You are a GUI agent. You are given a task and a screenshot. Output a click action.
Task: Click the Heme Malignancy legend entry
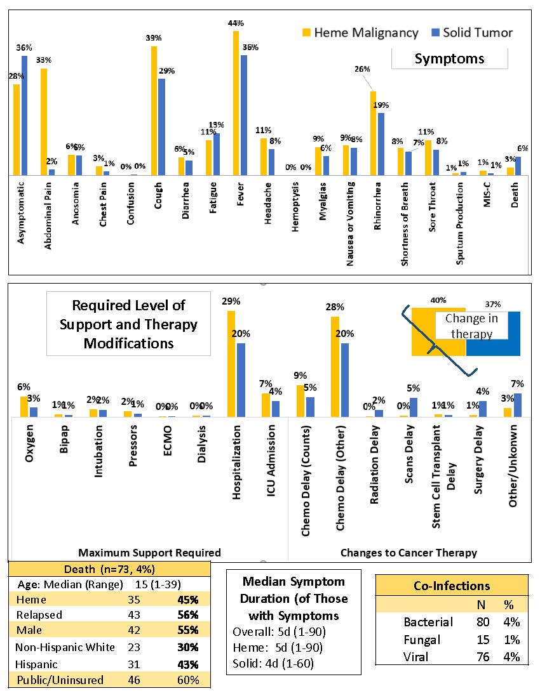[360, 32]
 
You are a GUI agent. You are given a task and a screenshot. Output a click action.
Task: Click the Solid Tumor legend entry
[471, 32]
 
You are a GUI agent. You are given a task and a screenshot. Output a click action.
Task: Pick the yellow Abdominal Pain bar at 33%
[44, 121]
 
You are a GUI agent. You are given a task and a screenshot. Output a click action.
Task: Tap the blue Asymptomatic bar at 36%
[25, 115]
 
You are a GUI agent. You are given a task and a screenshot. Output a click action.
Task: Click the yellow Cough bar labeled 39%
[154, 110]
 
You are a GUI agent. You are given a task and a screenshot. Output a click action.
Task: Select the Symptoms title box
[449, 59]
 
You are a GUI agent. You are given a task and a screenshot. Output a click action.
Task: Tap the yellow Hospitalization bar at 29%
[231, 364]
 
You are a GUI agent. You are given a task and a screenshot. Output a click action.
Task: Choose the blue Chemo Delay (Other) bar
[345, 379]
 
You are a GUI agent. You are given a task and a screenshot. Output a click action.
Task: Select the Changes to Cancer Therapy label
[408, 552]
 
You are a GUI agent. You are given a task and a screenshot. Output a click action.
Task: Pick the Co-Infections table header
[451, 586]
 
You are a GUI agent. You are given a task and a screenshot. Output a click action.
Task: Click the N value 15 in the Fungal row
[483, 640]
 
